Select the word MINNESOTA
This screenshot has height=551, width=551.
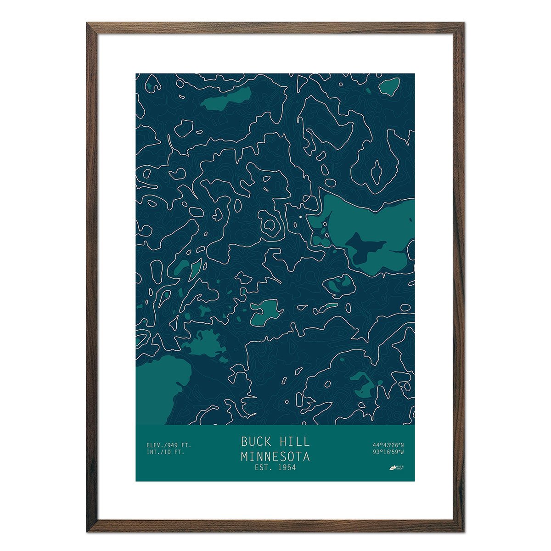tap(275, 457)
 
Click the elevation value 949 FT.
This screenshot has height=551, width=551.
tap(178, 445)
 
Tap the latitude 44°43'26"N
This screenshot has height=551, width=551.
tap(388, 445)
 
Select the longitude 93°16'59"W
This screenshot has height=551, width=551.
tap(388, 452)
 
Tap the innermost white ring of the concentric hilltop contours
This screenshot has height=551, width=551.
tap(270, 225)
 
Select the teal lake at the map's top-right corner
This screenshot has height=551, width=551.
tap(390, 86)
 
